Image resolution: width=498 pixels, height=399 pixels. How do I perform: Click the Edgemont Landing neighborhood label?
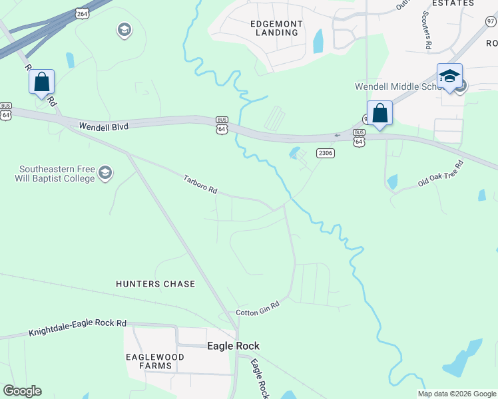pos(276,29)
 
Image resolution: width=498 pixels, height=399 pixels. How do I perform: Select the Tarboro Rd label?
pos(200,184)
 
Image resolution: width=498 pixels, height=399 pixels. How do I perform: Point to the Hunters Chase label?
pos(156,284)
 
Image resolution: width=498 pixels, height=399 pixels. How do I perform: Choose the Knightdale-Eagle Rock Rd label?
pos(77,327)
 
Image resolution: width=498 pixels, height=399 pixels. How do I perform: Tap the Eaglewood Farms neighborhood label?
pos(150,361)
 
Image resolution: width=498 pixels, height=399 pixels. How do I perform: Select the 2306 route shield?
pos(325,153)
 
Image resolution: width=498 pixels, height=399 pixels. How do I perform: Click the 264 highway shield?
pos(82,13)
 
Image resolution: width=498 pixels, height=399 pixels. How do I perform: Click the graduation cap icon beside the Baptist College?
pos(105,174)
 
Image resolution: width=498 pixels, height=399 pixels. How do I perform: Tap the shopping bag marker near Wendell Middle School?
pos(379,113)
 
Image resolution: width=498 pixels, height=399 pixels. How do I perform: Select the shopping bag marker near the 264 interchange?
pos(41,82)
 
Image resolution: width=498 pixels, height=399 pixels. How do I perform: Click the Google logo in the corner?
pos(22,391)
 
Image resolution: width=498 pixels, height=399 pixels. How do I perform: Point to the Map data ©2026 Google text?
pos(457,394)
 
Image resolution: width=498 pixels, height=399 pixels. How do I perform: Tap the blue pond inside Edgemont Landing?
pos(318,41)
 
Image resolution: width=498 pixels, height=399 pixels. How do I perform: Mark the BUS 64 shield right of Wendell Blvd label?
pos(222,125)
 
